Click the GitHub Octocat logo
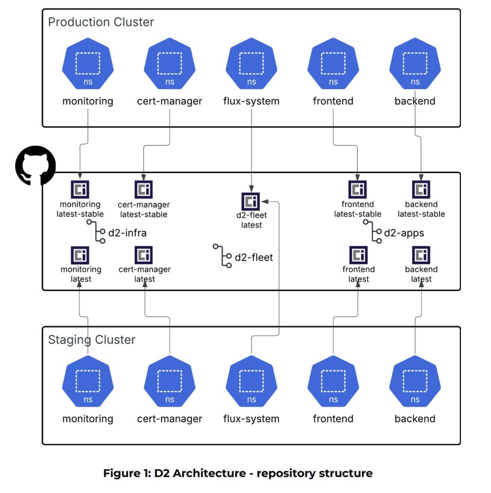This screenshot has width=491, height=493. (35, 165)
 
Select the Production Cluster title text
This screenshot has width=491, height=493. (101, 22)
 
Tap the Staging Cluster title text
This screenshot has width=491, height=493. (91, 340)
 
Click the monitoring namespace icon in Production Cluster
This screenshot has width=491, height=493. (88, 63)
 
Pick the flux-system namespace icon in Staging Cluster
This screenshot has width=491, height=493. (251, 381)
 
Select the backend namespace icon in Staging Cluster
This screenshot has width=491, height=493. (415, 381)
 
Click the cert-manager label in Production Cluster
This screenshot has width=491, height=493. (169, 101)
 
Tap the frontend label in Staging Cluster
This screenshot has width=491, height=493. (333, 419)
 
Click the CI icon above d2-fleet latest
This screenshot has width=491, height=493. (251, 202)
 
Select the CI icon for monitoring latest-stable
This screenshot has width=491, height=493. (80, 189)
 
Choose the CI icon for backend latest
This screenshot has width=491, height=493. (421, 255)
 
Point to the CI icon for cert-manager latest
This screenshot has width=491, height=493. (144, 255)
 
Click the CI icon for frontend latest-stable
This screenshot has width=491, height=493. (357, 189)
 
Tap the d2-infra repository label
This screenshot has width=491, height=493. (127, 233)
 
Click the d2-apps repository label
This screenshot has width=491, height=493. (404, 233)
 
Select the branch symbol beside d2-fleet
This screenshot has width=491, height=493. (223, 256)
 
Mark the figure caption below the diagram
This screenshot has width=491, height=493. (238, 473)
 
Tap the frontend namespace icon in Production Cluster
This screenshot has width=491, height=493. (333, 63)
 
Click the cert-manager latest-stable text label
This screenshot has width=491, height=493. (144, 210)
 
